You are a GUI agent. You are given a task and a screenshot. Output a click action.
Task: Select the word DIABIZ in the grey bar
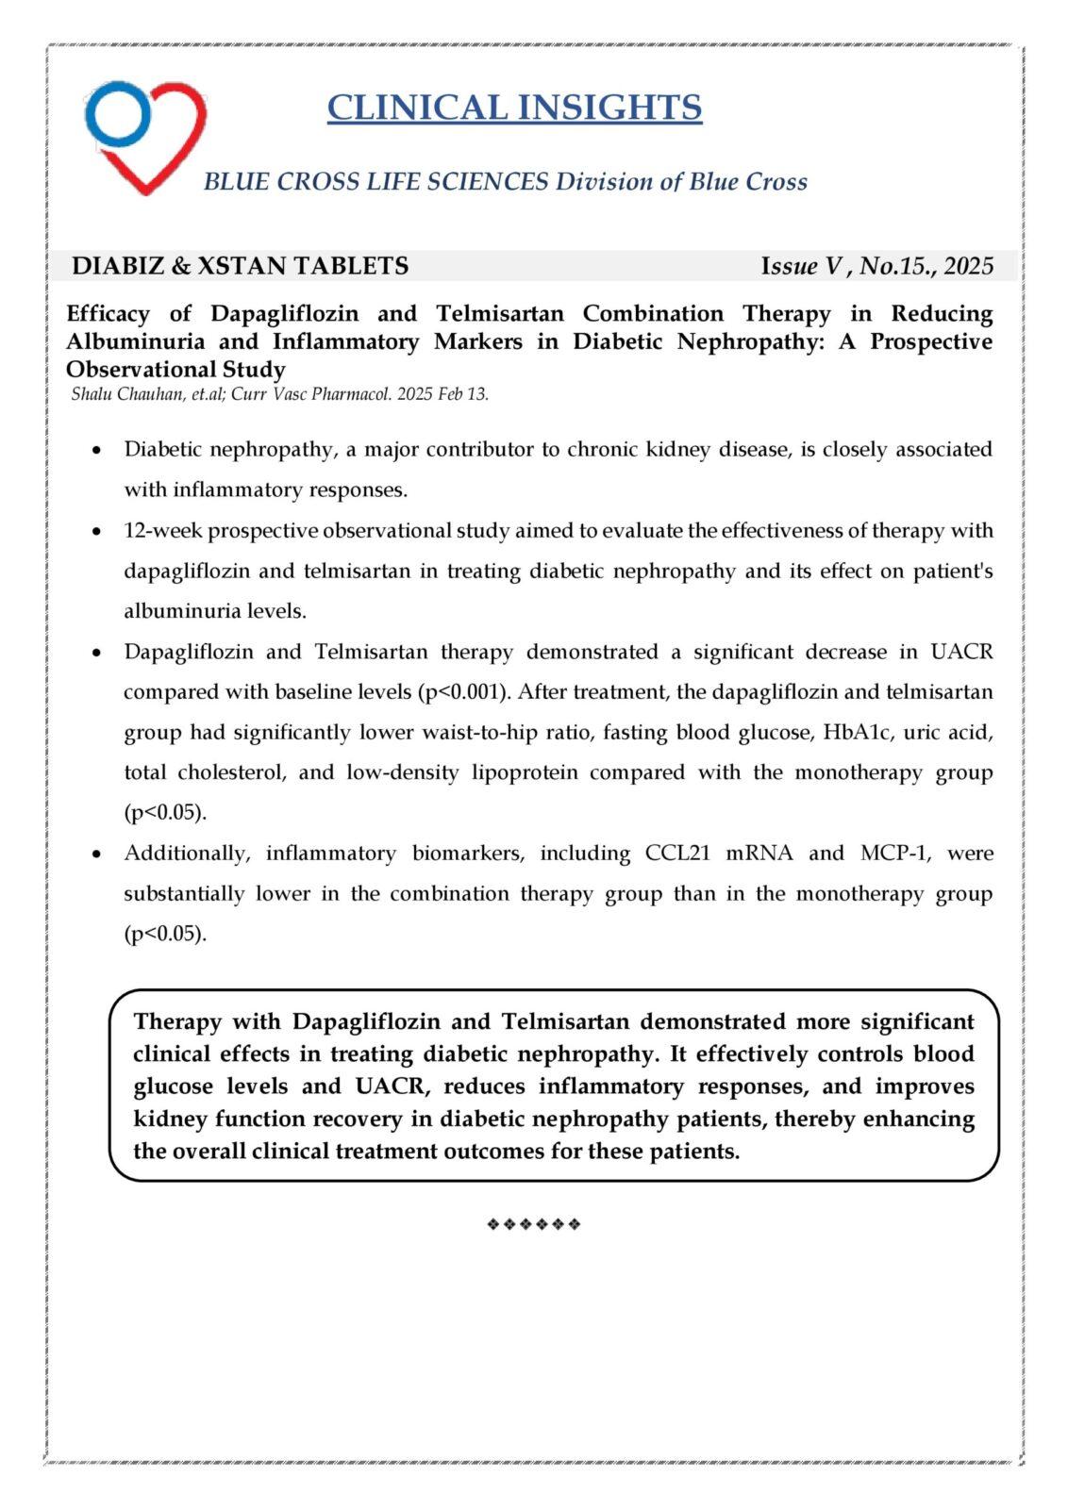pos(118,266)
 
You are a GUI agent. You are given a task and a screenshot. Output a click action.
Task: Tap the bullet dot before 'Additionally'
pos(96,854)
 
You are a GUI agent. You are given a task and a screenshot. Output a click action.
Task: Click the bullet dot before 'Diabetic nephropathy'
pos(96,451)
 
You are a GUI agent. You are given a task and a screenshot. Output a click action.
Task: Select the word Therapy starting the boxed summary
pos(177,1021)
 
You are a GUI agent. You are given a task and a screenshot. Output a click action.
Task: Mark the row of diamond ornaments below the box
pos(533,1224)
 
